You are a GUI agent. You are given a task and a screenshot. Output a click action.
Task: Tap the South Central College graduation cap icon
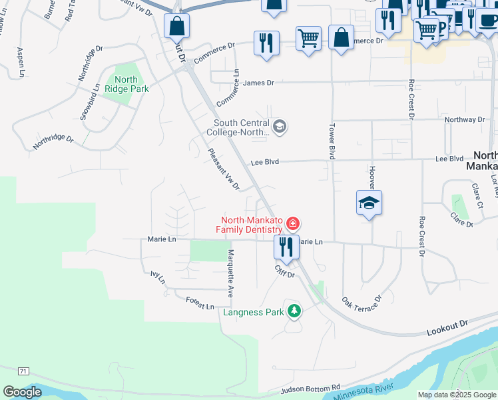(280, 126)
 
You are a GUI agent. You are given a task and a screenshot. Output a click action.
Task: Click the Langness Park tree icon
(293, 311)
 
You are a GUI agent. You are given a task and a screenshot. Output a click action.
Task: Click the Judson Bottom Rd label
(311, 389)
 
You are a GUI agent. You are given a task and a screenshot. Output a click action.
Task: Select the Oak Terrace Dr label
(362, 306)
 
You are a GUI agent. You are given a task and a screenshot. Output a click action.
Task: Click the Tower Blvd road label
(330, 140)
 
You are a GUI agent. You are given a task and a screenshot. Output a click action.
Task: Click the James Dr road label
(258, 83)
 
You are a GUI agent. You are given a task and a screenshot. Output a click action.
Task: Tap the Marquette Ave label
(230, 273)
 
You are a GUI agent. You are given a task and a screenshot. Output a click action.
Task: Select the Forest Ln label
(200, 303)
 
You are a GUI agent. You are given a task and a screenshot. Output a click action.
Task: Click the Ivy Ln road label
(157, 277)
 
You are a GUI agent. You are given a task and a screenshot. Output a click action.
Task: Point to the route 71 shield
(23, 371)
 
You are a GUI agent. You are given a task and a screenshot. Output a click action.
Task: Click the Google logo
(22, 391)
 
